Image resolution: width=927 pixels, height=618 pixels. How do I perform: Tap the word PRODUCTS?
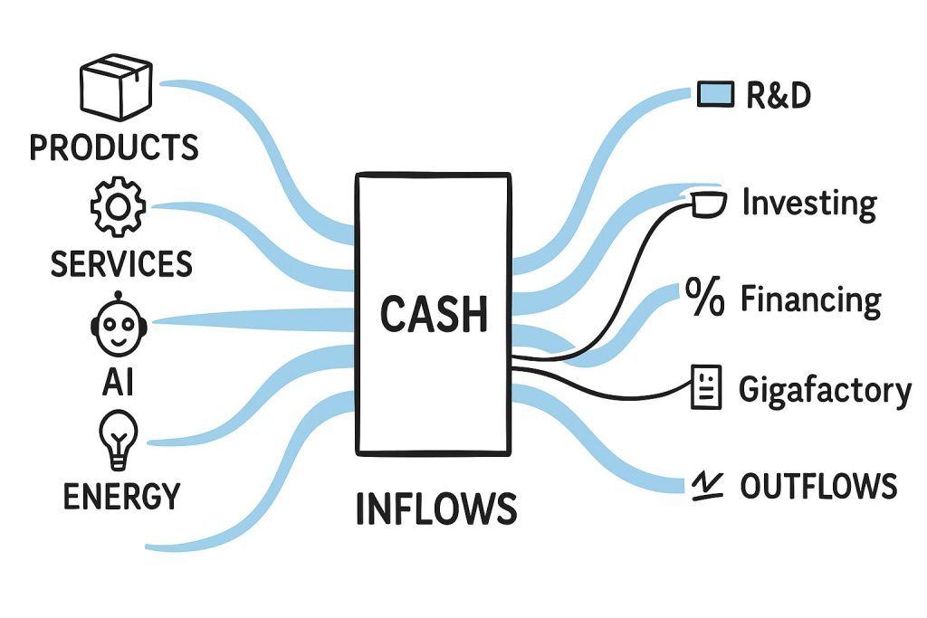point(114,147)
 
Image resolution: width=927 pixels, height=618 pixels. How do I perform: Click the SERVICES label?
point(121,263)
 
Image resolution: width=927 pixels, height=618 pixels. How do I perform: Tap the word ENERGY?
point(121,496)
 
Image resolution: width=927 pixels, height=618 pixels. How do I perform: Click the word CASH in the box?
point(434,314)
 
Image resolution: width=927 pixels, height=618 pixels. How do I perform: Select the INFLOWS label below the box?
point(435,509)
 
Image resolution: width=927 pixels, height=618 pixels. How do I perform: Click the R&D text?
point(779,94)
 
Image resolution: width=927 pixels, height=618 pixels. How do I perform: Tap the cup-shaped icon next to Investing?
point(706,204)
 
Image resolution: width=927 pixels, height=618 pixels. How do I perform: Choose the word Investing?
point(808,204)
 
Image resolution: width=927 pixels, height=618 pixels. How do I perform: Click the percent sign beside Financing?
point(704,299)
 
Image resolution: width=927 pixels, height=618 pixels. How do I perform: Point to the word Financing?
point(810,299)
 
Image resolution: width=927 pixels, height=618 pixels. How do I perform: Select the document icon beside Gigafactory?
point(706,387)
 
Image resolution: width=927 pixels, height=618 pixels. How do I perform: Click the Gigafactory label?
point(825,390)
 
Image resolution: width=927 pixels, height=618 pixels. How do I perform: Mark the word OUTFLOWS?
point(817,487)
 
